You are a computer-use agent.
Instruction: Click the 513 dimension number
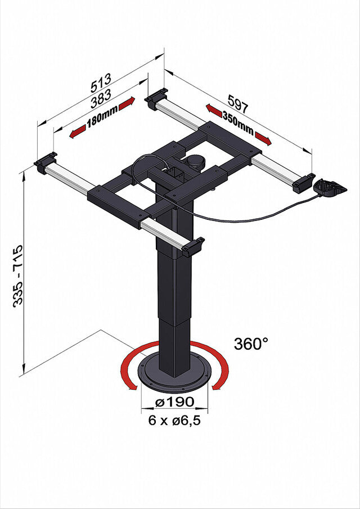101,83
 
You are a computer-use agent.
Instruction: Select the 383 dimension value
101,98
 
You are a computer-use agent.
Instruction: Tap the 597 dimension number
238,104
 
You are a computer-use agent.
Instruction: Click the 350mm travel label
238,123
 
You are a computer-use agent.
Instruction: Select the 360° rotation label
251,344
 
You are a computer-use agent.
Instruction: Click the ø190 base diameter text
174,402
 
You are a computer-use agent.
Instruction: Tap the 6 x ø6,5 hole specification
174,421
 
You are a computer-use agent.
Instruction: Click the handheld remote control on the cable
330,188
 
